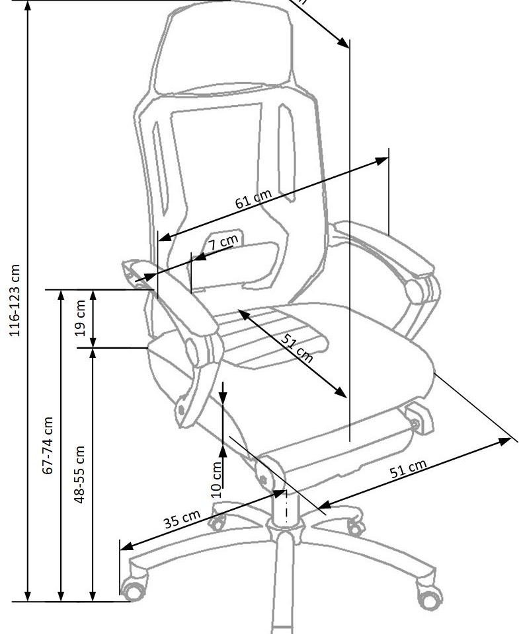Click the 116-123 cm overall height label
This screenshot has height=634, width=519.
point(15,300)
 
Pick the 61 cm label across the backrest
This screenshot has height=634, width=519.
point(253,199)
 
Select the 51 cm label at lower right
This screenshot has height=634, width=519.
point(407,471)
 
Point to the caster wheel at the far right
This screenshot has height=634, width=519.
point(430,597)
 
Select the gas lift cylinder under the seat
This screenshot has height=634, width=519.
point(286,505)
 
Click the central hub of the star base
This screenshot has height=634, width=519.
point(286,528)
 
